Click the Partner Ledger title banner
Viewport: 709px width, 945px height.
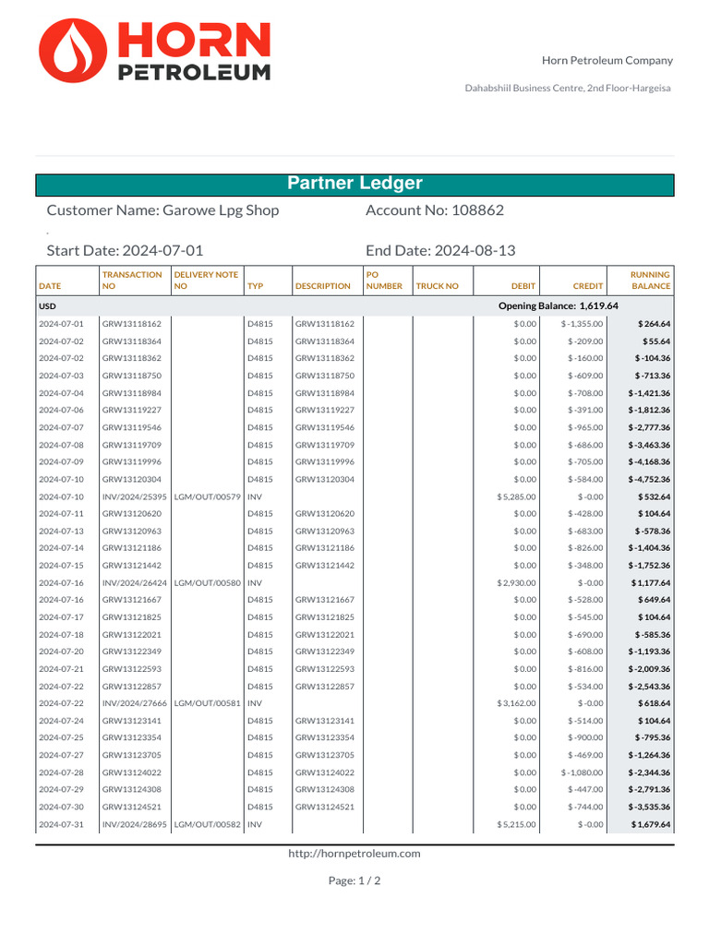354,184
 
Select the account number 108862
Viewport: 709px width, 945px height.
477,210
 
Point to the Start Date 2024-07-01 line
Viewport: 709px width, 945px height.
125,251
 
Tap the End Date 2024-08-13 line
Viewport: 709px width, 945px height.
440,251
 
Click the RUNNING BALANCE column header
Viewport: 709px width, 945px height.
650,281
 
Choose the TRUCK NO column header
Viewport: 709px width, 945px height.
437,286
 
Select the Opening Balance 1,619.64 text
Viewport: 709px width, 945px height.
558,306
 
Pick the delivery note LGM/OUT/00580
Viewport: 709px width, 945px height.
207,582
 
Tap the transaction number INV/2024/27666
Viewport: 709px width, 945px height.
135,703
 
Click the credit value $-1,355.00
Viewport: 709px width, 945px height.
582,324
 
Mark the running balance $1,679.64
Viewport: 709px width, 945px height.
650,824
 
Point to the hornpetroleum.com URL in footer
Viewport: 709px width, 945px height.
354,854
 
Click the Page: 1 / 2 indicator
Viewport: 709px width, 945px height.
354,880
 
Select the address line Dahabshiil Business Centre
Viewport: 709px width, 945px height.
567,88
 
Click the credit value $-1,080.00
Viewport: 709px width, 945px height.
582,772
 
